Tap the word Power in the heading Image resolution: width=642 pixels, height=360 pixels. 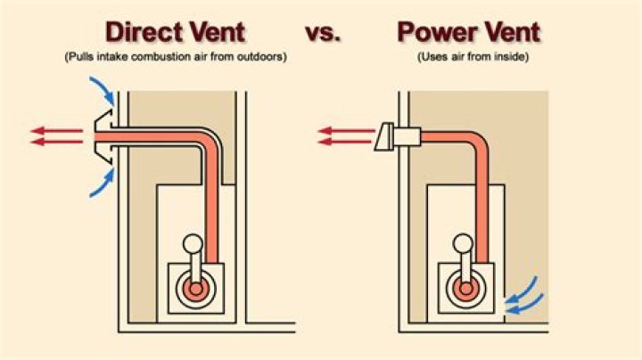tap(439, 32)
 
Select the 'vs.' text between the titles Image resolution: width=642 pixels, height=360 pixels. tap(323, 33)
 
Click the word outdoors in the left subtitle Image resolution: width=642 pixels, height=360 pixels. tap(261, 56)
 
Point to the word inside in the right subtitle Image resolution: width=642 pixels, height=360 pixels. tap(511, 56)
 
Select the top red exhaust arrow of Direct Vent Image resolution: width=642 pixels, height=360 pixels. tap(56, 131)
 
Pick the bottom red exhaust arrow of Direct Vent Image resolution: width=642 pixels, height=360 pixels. tap(56, 142)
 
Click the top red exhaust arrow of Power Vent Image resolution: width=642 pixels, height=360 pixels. tap(346, 131)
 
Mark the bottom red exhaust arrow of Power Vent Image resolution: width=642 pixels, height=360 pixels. tap(345, 142)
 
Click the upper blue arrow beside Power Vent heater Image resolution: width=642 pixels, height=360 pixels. tap(522, 290)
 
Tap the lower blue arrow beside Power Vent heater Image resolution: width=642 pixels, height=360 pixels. tap(524, 304)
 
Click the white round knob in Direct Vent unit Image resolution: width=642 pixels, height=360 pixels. tap(193, 244)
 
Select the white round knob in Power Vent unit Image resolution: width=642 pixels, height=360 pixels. tap(463, 243)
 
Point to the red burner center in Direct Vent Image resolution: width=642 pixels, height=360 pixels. tap(196, 289)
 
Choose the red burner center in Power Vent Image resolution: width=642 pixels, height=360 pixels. tap(466, 289)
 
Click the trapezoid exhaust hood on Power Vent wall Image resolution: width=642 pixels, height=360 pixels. tap(384, 136)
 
